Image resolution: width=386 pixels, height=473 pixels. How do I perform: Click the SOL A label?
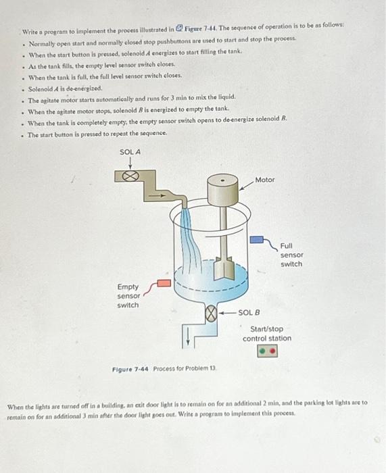pyautogui.click(x=130, y=152)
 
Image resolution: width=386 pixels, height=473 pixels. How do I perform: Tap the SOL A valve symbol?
pyautogui.click(x=130, y=176)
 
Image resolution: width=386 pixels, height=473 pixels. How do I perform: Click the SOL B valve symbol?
pyautogui.click(x=211, y=313)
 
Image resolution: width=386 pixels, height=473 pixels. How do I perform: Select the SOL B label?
pyautogui.click(x=249, y=312)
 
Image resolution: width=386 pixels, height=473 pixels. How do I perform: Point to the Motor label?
pyautogui.click(x=265, y=180)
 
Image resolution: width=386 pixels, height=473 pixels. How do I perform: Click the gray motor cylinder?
pyautogui.click(x=222, y=190)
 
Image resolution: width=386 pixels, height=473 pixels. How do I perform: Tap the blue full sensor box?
pyautogui.click(x=256, y=240)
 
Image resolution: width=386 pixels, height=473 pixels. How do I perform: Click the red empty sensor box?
pyautogui.click(x=164, y=283)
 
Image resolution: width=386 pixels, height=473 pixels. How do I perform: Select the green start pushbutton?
pyautogui.click(x=263, y=351)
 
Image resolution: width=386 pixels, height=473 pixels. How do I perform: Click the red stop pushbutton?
pyautogui.click(x=272, y=351)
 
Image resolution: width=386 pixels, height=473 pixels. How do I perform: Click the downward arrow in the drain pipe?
pyautogui.click(x=188, y=336)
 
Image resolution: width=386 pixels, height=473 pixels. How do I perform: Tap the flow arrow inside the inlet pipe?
pyautogui.click(x=158, y=195)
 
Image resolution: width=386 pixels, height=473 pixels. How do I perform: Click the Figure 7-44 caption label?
pyautogui.click(x=130, y=369)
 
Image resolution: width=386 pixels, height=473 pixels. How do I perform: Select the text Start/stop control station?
pyautogui.click(x=267, y=334)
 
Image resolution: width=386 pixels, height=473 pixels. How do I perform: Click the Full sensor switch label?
pyautogui.click(x=291, y=255)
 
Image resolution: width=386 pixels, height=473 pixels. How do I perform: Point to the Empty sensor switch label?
pyautogui.click(x=128, y=296)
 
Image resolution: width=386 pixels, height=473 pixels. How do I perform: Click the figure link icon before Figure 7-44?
pyautogui.click(x=179, y=28)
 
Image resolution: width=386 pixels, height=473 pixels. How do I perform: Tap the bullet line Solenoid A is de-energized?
pyautogui.click(x=66, y=89)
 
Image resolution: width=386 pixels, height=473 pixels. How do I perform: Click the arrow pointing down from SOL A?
pyautogui.click(x=130, y=163)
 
